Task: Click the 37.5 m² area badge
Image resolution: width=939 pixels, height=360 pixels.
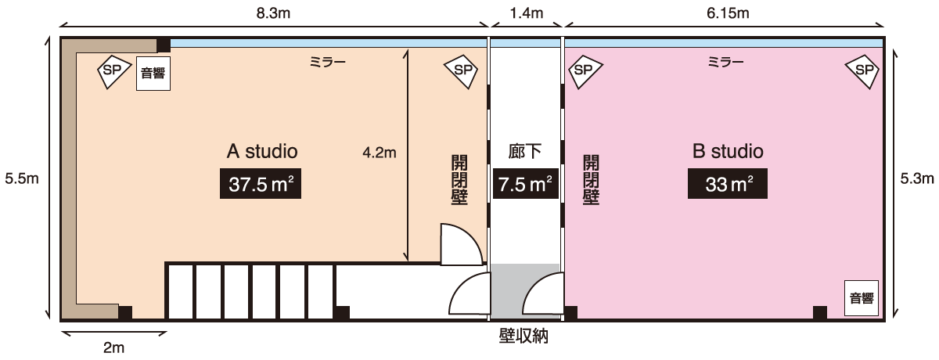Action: pyautogui.click(x=261, y=184)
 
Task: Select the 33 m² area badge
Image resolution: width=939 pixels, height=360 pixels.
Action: pyautogui.click(x=727, y=184)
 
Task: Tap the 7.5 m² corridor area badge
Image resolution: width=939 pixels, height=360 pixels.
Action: pyautogui.click(x=525, y=184)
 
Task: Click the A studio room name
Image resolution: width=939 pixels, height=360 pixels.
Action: pyautogui.click(x=262, y=151)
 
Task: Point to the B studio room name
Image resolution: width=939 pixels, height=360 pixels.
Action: pyautogui.click(x=728, y=151)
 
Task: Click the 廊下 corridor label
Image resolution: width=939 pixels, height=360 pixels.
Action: pyautogui.click(x=525, y=151)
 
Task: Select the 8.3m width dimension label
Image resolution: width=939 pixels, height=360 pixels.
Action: pyautogui.click(x=273, y=13)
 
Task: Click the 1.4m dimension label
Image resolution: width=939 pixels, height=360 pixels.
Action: pyautogui.click(x=527, y=13)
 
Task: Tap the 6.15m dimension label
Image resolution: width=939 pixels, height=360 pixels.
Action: pyautogui.click(x=728, y=13)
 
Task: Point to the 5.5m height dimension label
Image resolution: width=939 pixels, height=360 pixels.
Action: pyautogui.click(x=22, y=178)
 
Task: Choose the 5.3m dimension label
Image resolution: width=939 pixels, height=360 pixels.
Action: pyautogui.click(x=917, y=178)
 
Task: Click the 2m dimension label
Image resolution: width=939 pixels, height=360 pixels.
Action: pyautogui.click(x=114, y=347)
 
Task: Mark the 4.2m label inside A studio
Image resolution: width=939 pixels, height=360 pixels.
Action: pyautogui.click(x=380, y=153)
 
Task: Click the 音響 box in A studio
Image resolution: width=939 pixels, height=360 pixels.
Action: pyautogui.click(x=153, y=74)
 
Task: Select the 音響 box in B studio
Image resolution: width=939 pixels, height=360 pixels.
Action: pyautogui.click(x=862, y=298)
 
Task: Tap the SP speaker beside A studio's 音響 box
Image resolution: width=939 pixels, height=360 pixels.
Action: pyautogui.click(x=113, y=71)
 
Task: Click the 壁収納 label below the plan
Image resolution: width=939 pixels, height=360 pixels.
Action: pyautogui.click(x=523, y=336)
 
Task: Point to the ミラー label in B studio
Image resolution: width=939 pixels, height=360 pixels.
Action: pyautogui.click(x=725, y=63)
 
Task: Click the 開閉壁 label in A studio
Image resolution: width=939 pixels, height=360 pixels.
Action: pyautogui.click(x=459, y=180)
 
